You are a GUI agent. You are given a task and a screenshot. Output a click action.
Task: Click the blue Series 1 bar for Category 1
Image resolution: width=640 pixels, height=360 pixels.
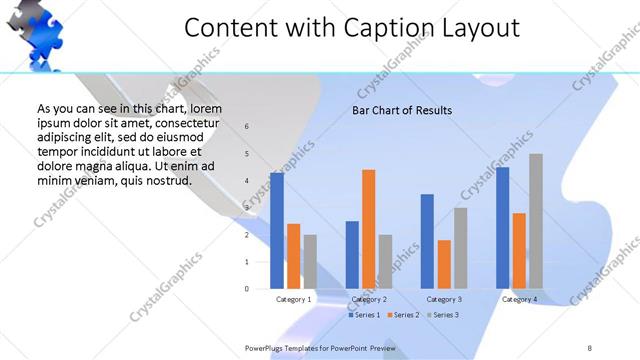277,231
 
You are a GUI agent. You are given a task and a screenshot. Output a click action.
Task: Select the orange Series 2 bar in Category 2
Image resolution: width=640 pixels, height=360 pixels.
368,229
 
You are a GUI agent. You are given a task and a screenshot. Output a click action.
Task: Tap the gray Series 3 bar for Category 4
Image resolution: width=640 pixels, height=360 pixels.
536,221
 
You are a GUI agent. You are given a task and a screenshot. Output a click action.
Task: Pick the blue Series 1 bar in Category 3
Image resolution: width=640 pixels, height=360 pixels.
427,241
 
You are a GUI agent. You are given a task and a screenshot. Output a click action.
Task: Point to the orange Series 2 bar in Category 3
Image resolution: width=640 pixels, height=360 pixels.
444,264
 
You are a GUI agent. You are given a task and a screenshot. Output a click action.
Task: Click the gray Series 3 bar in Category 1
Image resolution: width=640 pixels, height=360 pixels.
310,261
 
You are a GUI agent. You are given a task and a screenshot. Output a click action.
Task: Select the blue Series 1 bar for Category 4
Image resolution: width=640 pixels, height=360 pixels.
503,228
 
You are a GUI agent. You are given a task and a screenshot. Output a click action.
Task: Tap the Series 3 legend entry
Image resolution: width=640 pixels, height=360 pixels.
443,315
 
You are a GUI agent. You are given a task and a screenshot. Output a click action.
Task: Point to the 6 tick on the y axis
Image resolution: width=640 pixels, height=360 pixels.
247,126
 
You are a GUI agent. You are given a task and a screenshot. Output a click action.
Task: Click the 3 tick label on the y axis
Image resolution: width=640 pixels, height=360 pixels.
247,208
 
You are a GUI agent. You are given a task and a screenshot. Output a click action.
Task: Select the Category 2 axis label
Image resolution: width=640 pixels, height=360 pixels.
370,299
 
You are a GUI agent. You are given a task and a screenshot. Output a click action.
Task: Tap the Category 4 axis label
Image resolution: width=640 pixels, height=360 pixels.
520,299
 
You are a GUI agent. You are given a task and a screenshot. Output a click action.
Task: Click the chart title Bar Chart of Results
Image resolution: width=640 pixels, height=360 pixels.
402,110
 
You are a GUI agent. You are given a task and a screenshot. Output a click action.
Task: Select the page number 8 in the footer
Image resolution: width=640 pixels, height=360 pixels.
590,347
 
